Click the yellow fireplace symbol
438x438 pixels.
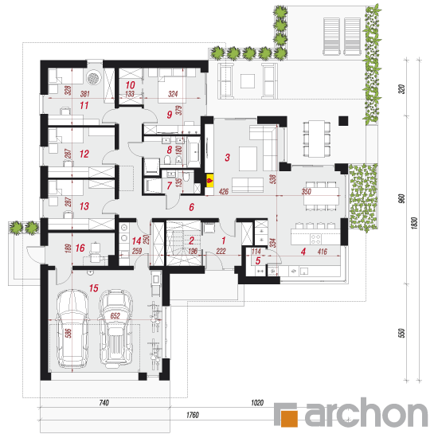click(209, 181)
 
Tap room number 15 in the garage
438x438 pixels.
click(94, 288)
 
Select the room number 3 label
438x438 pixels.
click(228, 158)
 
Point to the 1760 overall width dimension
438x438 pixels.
click(193, 415)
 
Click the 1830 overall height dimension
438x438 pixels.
click(415, 224)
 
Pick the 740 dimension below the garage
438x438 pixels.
click(104, 402)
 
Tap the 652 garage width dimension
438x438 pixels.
click(115, 316)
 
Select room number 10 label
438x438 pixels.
click(130, 85)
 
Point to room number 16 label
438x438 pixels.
click(80, 248)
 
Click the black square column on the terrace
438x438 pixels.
click(343, 121)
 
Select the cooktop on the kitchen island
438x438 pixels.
click(315, 239)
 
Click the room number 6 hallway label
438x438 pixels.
click(191, 207)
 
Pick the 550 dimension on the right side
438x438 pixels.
click(401, 333)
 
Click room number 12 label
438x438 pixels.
click(84, 154)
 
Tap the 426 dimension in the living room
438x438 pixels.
click(224, 192)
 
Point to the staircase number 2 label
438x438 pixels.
click(192, 241)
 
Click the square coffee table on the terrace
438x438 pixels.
click(248, 81)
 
